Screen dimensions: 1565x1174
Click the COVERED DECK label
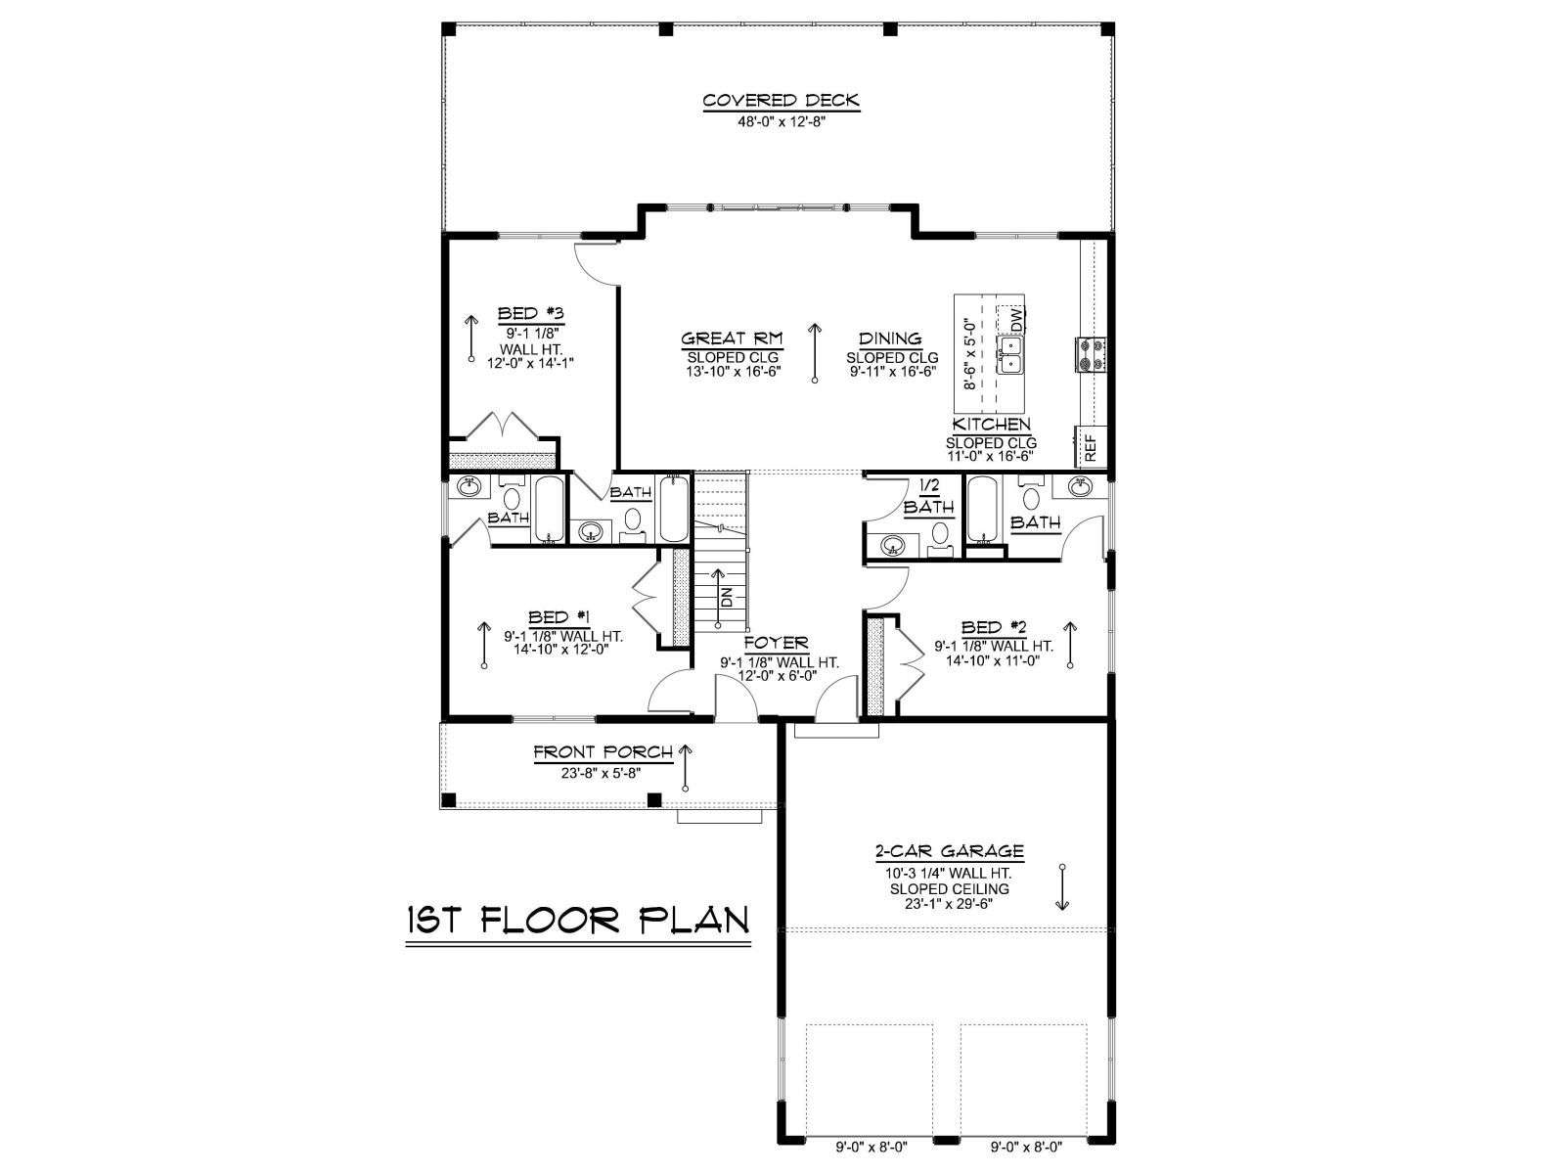pyautogui.click(x=781, y=101)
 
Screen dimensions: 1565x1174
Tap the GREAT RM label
pyautogui.click(x=732, y=339)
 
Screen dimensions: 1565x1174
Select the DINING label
pyautogui.click(x=890, y=339)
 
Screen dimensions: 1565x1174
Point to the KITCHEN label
pyautogui.click(x=991, y=425)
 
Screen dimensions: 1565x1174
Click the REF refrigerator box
pyautogui.click(x=1091, y=448)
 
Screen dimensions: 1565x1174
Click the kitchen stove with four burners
pyautogui.click(x=1091, y=353)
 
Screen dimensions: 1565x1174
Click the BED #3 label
pyautogui.click(x=531, y=314)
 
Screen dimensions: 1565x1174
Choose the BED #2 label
pyautogui.click(x=994, y=627)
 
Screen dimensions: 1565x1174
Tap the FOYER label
pyautogui.click(x=777, y=644)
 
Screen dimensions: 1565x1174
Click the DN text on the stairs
pyautogui.click(x=727, y=598)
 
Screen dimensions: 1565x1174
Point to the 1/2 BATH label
pyautogui.click(x=928, y=497)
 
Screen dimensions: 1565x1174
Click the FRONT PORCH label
pyautogui.click(x=604, y=752)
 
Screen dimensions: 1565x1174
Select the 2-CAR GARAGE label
pyautogui.click(x=949, y=851)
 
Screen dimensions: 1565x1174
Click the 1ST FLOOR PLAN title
pyautogui.click(x=578, y=920)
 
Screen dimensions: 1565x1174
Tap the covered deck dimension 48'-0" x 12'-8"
pyautogui.click(x=782, y=122)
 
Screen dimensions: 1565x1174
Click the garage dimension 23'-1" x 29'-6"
pyautogui.click(x=949, y=904)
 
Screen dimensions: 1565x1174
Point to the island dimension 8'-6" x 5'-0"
pyautogui.click(x=969, y=353)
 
